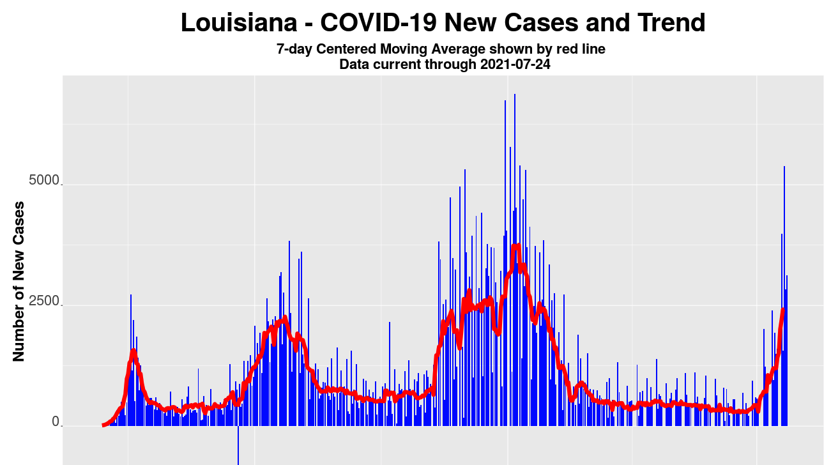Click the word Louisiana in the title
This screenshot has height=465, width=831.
239,23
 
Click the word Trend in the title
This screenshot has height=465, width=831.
670,23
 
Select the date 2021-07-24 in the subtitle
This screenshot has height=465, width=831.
515,64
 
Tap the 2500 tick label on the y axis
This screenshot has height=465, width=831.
43,300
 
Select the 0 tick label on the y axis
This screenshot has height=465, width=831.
56,421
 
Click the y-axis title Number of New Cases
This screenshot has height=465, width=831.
19,281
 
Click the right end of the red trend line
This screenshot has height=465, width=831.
783,310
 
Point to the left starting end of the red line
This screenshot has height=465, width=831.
103,425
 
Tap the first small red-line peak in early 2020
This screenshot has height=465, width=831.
133,351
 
